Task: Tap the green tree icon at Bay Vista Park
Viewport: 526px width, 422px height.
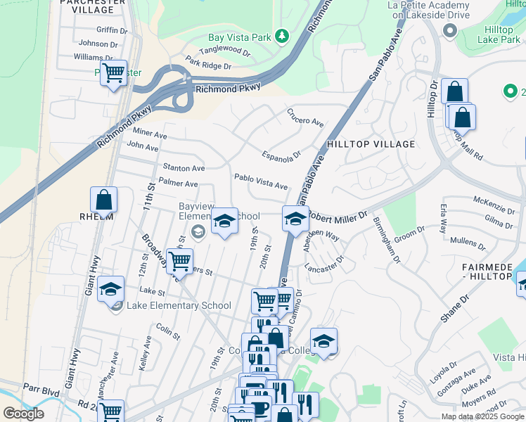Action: point(282,36)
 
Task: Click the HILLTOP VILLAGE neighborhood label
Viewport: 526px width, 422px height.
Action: point(371,143)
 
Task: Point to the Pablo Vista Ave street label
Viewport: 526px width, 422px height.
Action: point(261,182)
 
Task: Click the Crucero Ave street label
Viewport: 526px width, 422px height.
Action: point(304,117)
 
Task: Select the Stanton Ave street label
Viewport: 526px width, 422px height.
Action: point(184,168)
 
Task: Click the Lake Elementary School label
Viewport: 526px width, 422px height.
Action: point(178,305)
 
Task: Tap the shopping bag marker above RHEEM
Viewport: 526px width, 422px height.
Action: point(104,200)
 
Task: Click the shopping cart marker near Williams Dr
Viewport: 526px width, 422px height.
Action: point(113,72)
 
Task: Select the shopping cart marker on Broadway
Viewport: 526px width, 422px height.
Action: point(180,261)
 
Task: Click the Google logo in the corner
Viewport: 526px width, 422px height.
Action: point(23,414)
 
